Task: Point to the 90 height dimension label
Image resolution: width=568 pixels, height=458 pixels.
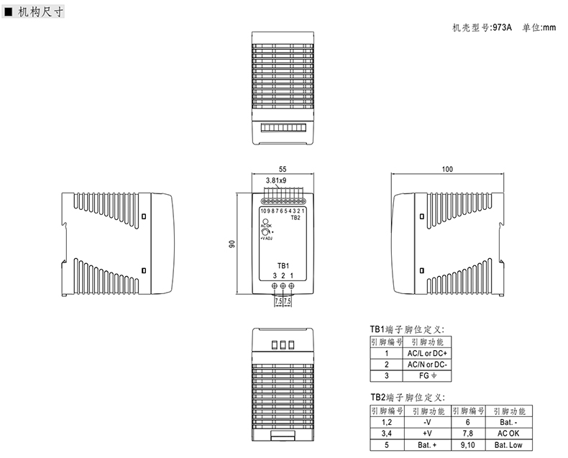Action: pos(232,244)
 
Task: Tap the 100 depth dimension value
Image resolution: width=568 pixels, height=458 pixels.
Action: pos(447,169)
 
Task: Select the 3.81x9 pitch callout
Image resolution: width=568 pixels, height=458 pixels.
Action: pos(276,180)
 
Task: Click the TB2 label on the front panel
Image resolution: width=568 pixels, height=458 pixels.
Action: pos(296,218)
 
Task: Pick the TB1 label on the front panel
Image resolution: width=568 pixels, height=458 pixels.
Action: pos(283,267)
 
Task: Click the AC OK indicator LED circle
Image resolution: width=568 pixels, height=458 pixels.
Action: pos(265,221)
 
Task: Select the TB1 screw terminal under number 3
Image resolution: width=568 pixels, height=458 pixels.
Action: pos(275,287)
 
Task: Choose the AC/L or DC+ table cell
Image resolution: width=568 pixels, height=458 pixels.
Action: pos(427,354)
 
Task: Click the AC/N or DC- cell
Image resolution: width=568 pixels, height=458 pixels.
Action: pos(427,365)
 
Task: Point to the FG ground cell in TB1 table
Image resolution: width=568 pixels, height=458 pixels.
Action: pos(427,375)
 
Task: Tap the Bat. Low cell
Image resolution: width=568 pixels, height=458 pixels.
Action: pos(508,446)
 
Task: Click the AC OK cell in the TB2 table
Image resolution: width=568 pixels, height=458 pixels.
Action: pos(508,434)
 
